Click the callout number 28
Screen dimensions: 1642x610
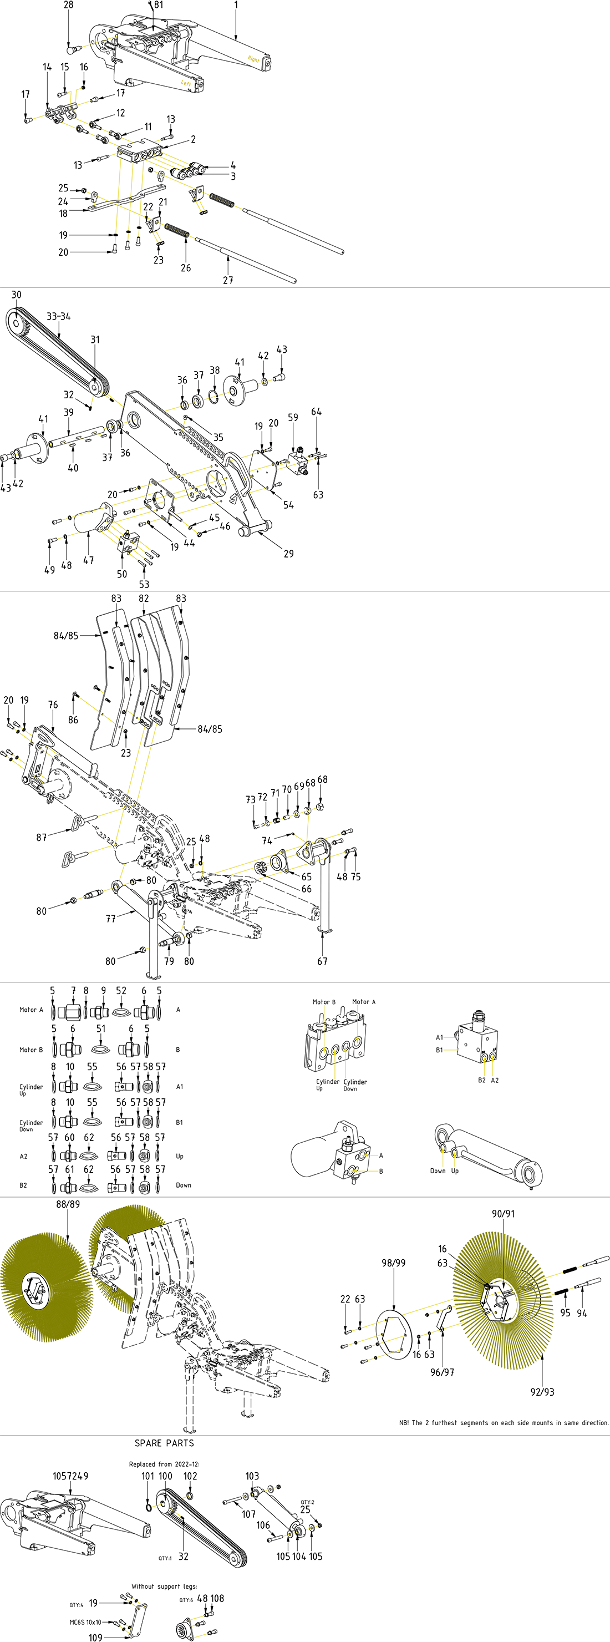tap(68, 5)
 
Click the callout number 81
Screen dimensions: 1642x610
tap(158, 5)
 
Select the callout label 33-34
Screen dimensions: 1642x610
tap(59, 316)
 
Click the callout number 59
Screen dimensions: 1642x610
tap(293, 418)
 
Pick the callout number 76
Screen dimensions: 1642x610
tap(53, 705)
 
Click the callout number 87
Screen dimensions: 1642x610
tap(42, 838)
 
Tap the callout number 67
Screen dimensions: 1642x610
tap(323, 961)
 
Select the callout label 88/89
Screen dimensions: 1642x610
tap(68, 1204)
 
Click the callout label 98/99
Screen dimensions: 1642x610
tap(393, 1263)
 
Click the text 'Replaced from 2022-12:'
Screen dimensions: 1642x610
tap(164, 1464)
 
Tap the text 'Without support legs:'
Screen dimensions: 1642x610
tap(164, 1587)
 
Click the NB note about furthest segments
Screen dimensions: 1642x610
tap(504, 1423)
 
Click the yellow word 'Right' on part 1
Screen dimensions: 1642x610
tap(253, 59)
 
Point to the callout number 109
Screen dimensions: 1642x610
tap(95, 1638)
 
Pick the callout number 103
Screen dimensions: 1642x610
tap(252, 1476)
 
